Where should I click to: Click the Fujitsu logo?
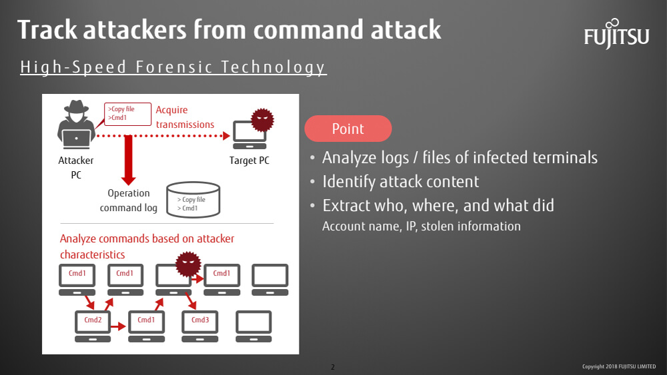[616, 34]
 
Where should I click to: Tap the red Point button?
[348, 129]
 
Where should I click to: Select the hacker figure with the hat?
[76, 125]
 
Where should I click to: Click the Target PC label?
[249, 161]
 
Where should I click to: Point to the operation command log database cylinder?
[193, 200]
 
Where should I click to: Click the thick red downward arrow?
[128, 160]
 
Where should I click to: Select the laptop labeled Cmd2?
[93, 326]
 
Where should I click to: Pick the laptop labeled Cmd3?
[200, 326]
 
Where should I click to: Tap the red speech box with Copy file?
[127, 114]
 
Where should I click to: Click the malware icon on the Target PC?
[262, 120]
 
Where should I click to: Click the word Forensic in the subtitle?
[174, 67]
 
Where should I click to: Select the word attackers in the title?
[135, 30]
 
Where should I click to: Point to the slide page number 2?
[333, 367]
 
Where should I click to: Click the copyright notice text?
[619, 366]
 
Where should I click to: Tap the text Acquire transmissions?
[185, 117]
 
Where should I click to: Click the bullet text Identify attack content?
[400, 182]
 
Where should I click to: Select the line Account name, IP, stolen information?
[421, 226]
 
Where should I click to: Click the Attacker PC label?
[76, 168]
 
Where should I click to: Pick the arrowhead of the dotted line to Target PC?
[226, 136]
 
